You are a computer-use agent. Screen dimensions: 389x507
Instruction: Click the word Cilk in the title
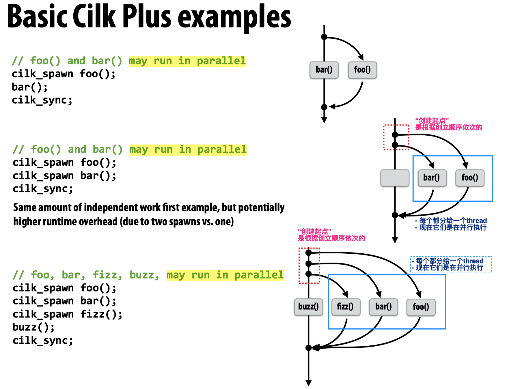pos(94,16)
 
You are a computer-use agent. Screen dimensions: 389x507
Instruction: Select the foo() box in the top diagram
pos(362,70)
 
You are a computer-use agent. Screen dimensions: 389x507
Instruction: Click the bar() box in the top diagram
pos(324,70)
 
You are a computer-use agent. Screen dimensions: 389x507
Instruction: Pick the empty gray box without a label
pos(395,178)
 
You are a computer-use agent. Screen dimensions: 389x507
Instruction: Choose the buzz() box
pos(308,307)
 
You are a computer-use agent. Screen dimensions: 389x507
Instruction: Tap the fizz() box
pos(346,307)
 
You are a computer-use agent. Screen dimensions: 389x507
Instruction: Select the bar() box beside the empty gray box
pos(432,178)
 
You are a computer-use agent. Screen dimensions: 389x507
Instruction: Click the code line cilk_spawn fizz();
pos(68,314)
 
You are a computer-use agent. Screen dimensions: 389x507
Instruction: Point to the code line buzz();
pos(33,327)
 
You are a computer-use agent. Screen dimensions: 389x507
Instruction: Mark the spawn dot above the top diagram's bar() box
pos(324,37)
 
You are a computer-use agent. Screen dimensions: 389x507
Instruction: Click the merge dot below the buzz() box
pos(309,348)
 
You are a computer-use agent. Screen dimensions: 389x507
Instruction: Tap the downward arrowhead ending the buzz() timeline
pos(309,383)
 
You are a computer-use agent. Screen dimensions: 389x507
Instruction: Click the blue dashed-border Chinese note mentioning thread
pos(451,264)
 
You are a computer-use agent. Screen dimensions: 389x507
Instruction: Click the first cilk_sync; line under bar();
pos(42,100)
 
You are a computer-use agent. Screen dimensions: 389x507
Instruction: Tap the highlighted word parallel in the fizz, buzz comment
pos(259,275)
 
